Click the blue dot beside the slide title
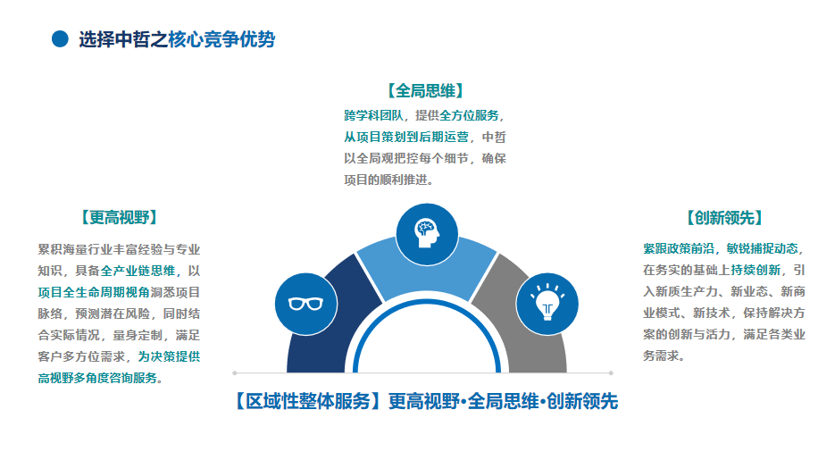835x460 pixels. pyautogui.click(x=60, y=39)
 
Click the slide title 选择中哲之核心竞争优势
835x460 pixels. pyautogui.click(x=177, y=39)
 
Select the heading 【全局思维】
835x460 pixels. pyautogui.click(x=425, y=90)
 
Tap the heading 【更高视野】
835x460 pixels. pyautogui.click(x=120, y=217)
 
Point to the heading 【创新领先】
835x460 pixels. pyautogui.click(x=724, y=217)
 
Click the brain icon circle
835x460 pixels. pyautogui.click(x=427, y=234)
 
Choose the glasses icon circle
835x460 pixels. pyautogui.click(x=306, y=304)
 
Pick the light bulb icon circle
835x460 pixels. pyautogui.click(x=547, y=304)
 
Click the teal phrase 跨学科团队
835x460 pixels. pyautogui.click(x=374, y=115)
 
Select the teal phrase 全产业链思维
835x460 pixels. pyautogui.click(x=138, y=271)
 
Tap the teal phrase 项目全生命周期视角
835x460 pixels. pyautogui.click(x=94, y=292)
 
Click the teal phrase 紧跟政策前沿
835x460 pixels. pyautogui.click(x=679, y=248)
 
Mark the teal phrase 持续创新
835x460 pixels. pyautogui.click(x=756, y=270)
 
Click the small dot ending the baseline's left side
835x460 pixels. pyautogui.click(x=235, y=373)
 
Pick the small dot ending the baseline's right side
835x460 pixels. pyautogui.click(x=611, y=373)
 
